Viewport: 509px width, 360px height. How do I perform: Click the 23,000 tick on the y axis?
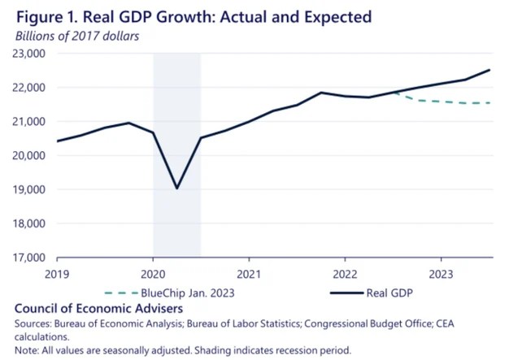coord(29,54)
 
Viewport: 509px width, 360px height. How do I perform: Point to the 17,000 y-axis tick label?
coord(29,258)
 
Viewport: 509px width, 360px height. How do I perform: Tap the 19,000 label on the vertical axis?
coord(29,189)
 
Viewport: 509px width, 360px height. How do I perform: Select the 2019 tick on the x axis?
coord(58,274)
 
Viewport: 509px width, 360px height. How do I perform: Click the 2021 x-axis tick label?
coord(248,274)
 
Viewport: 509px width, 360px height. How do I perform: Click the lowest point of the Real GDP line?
coord(176,189)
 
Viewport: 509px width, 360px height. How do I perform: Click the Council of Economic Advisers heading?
coord(87,310)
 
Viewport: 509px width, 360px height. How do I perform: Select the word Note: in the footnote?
coord(28,350)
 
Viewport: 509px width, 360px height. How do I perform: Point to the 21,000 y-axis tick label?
coord(29,121)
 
